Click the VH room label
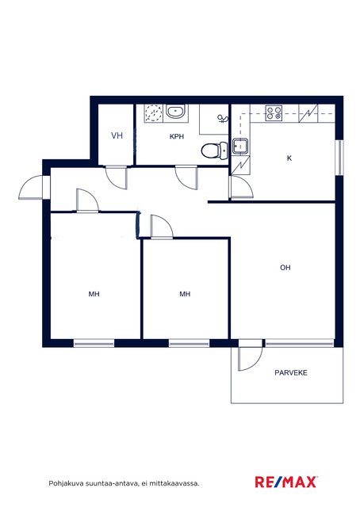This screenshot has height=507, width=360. pyautogui.click(x=117, y=135)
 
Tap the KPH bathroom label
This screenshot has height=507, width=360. pyautogui.click(x=177, y=136)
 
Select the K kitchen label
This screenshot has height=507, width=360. pyautogui.click(x=289, y=158)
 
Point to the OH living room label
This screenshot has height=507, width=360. pyautogui.click(x=285, y=268)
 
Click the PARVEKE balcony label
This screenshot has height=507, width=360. pyautogui.click(x=291, y=372)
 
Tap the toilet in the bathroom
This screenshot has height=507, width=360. pyautogui.click(x=214, y=151)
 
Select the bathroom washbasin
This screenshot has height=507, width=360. pyautogui.click(x=176, y=112)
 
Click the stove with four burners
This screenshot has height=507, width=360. pyautogui.click(x=274, y=113)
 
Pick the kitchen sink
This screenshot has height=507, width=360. pyautogui.click(x=240, y=146)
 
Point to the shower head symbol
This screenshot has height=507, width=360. pyautogui.click(x=223, y=119)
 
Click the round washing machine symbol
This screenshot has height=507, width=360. pyautogui.click(x=154, y=113)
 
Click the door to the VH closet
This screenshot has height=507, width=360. pyautogui.click(x=117, y=177)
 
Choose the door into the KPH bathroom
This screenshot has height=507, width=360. pyautogui.click(x=186, y=177)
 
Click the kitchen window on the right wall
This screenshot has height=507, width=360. pyautogui.click(x=339, y=158)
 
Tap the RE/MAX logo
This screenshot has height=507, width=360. pyautogui.click(x=286, y=482)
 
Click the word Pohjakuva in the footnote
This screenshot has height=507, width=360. pyautogui.click(x=62, y=484)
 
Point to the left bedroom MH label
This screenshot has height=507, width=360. pyautogui.click(x=94, y=294)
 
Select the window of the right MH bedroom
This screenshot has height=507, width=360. pyautogui.click(x=189, y=343)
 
